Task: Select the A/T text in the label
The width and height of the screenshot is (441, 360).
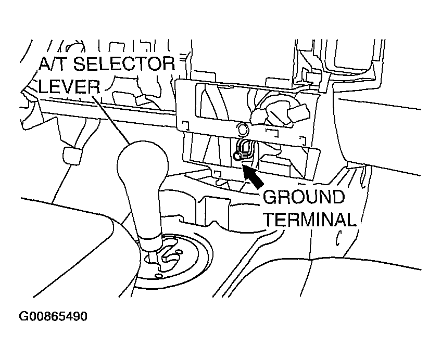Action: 51,64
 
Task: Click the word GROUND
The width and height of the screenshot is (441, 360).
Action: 304,198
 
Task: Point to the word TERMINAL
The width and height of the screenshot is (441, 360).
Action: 309,220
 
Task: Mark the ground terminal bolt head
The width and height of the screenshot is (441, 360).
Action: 238,155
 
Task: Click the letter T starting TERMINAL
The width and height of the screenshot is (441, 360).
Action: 268,220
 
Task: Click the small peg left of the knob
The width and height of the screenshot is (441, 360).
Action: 69,155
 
